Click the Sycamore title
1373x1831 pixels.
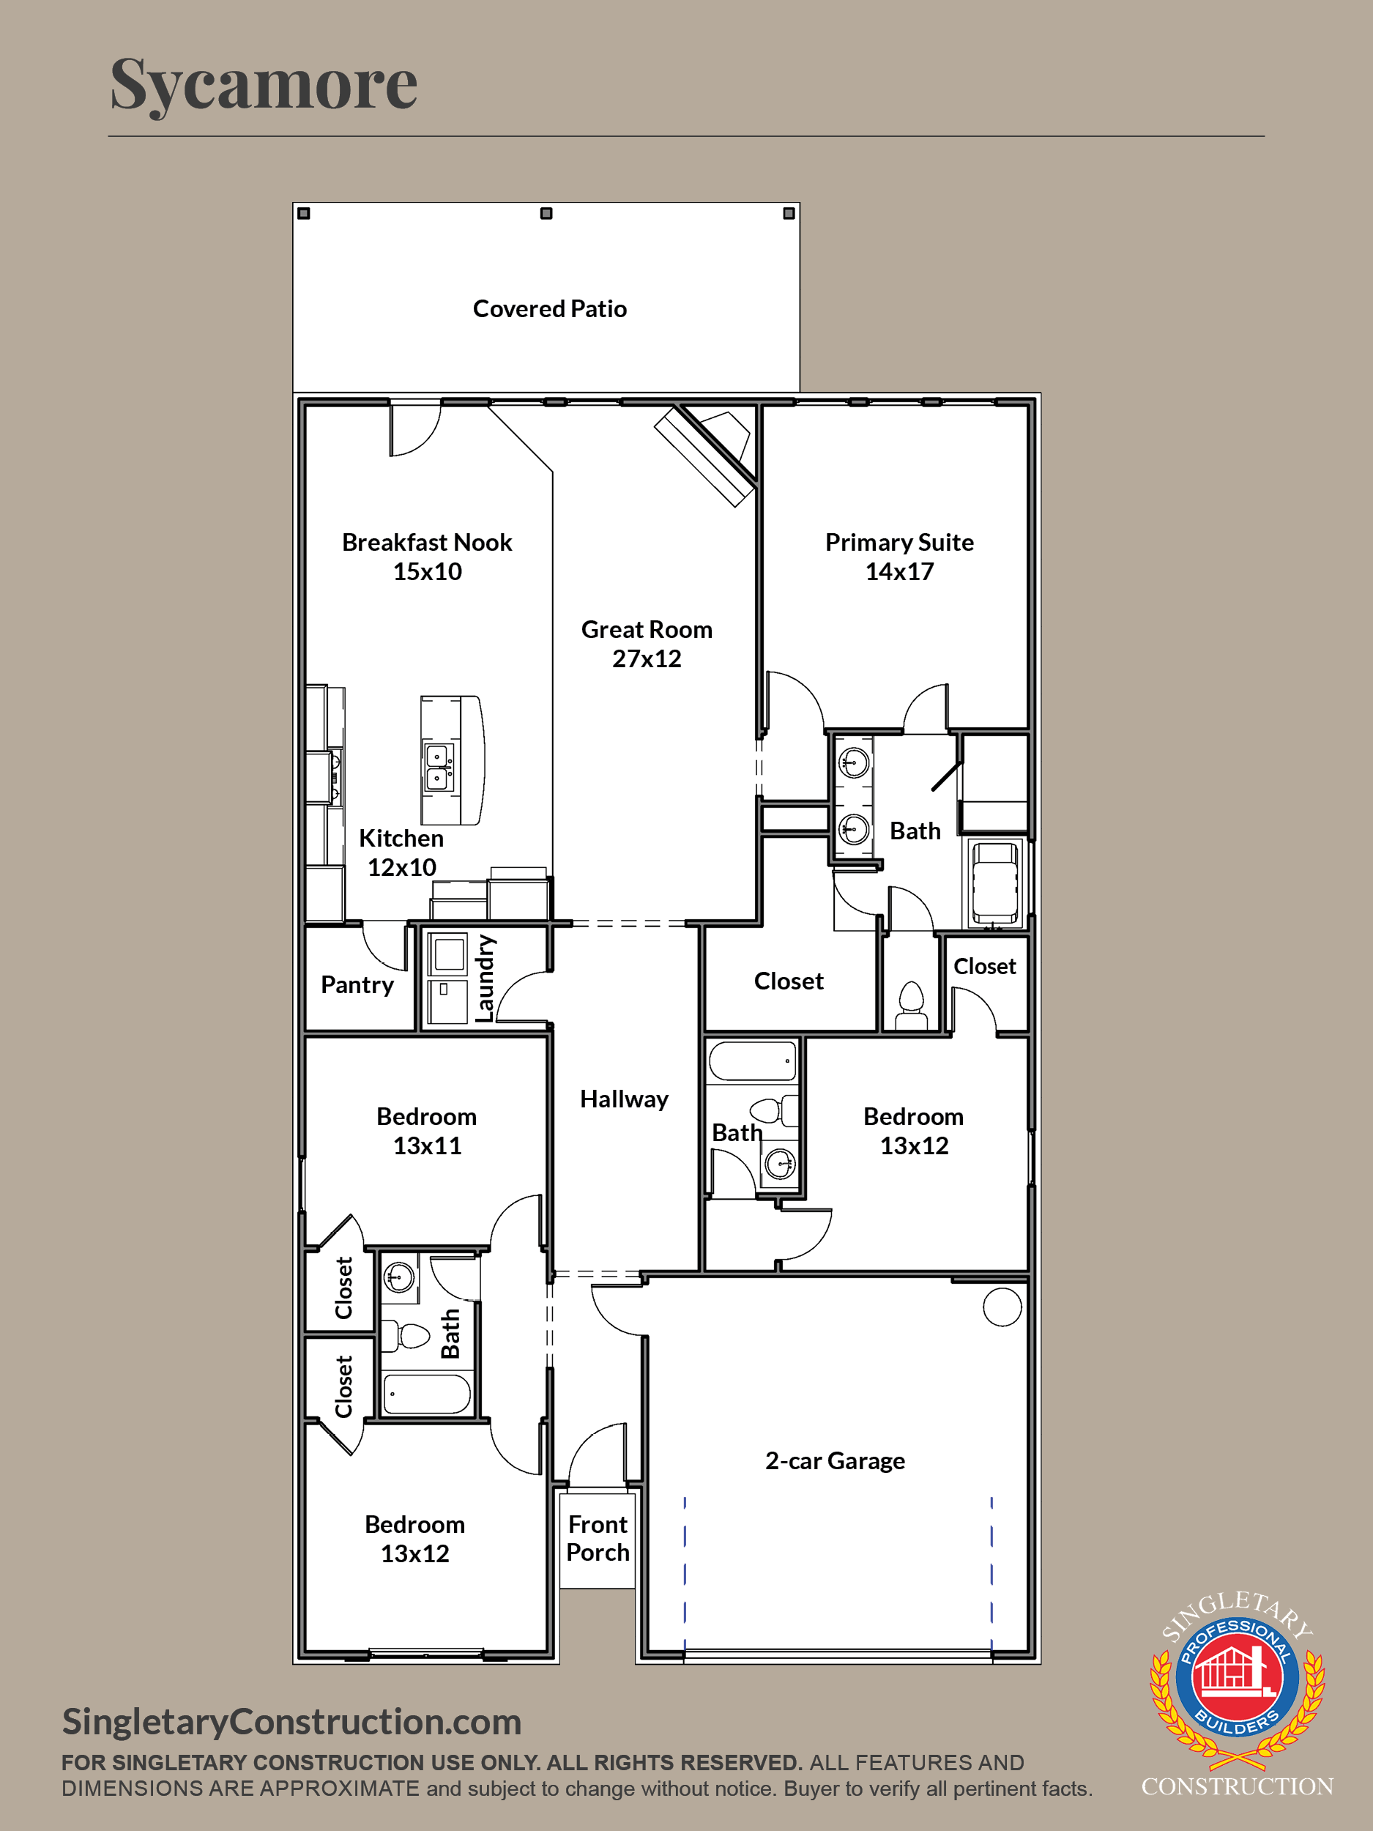(264, 85)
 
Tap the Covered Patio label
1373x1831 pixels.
(549, 309)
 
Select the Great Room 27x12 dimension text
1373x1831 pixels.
(647, 659)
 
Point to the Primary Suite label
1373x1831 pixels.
(900, 542)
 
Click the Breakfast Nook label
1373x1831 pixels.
(427, 542)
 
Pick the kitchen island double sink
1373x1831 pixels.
(439, 768)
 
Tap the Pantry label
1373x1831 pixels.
(357, 984)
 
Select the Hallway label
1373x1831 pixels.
(624, 1099)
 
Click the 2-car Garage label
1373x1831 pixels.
(835, 1461)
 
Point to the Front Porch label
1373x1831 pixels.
(598, 1538)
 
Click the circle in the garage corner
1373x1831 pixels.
(1002, 1307)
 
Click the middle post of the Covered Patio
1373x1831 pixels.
(546, 214)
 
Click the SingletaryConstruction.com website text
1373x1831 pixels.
(292, 1723)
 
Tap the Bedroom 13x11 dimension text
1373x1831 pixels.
(427, 1145)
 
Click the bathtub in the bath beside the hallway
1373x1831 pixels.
(752, 1061)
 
